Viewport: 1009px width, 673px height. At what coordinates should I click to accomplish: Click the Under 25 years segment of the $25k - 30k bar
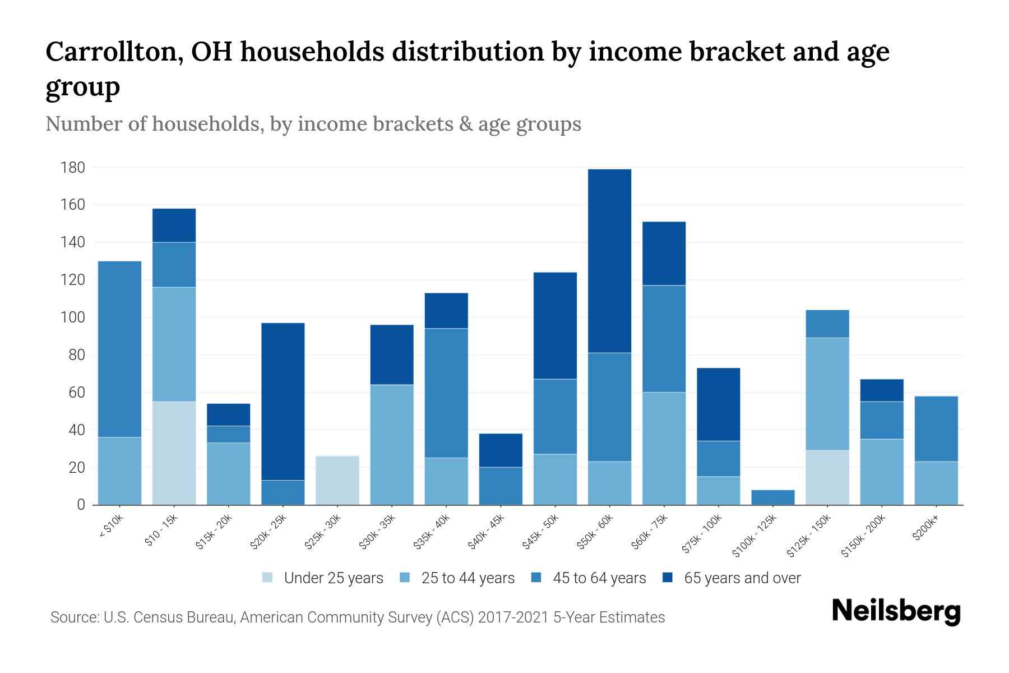(337, 480)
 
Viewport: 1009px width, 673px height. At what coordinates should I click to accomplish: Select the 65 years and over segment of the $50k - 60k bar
(609, 261)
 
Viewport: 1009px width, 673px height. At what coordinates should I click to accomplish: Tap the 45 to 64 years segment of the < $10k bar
(119, 349)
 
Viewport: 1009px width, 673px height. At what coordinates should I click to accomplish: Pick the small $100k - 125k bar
(773, 497)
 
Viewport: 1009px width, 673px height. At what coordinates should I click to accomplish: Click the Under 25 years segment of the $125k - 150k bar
(827, 477)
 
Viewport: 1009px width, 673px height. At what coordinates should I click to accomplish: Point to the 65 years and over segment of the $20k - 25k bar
(283, 402)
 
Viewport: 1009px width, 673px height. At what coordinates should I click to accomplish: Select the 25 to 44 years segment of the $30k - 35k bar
(392, 445)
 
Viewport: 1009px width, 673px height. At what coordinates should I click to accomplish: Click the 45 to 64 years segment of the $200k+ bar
(936, 429)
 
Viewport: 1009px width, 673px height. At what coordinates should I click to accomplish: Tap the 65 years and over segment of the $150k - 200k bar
(882, 390)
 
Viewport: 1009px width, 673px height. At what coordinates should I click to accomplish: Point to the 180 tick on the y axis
(73, 168)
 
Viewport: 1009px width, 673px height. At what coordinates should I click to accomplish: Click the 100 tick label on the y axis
(73, 317)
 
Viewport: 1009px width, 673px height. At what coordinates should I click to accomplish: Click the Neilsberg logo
(896, 611)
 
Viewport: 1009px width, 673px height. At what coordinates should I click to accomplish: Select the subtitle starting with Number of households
(313, 124)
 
